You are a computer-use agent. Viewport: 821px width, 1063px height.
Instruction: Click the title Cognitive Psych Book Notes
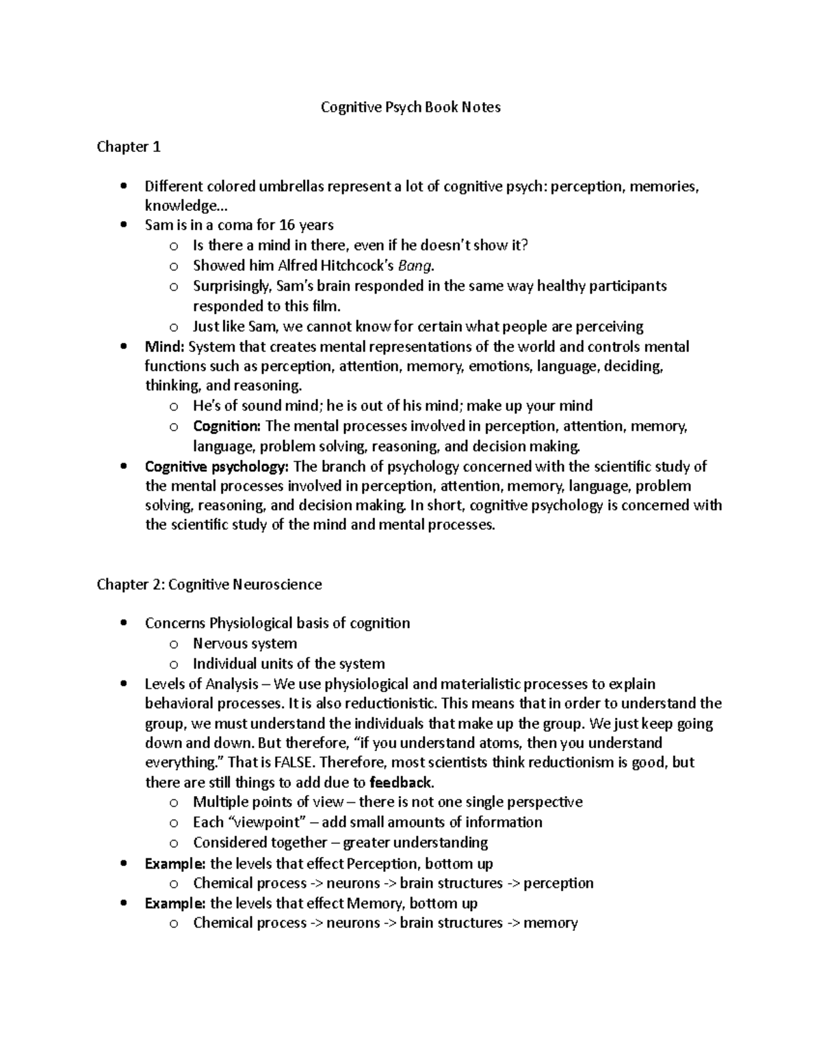(410, 107)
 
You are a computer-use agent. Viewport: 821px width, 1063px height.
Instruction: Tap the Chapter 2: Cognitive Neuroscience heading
(209, 584)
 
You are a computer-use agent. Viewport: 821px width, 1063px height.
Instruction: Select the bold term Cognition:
(226, 426)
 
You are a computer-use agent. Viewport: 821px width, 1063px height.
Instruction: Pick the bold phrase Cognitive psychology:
(218, 467)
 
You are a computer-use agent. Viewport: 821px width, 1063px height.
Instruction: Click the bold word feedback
(400, 782)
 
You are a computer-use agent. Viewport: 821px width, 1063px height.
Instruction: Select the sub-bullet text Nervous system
(244, 643)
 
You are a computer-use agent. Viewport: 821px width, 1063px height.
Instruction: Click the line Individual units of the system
(288, 663)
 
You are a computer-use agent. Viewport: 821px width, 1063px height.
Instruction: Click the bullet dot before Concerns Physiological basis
(122, 624)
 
